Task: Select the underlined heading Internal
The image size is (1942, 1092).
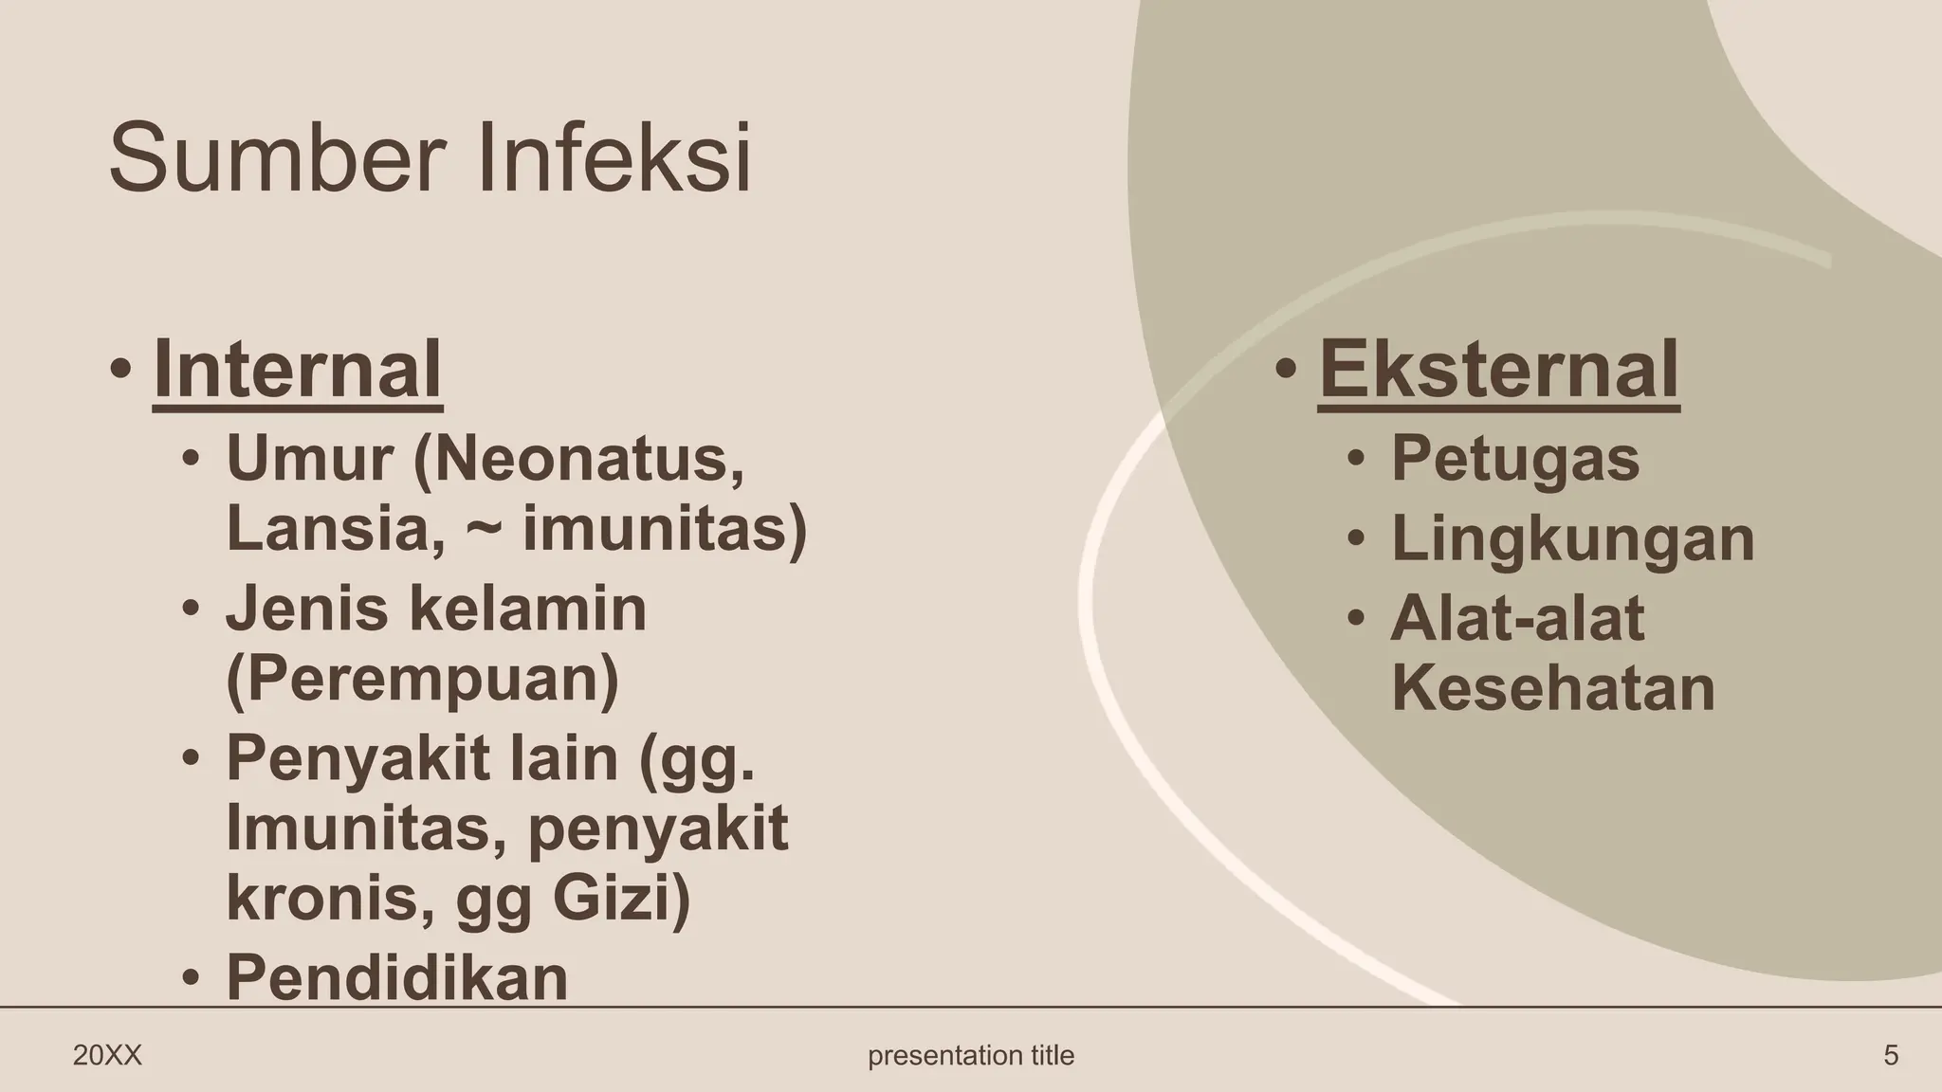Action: pos(297,370)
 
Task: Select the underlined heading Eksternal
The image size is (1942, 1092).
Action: pos(1498,370)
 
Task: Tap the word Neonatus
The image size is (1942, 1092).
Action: pos(578,459)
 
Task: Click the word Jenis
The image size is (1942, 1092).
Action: pos(306,609)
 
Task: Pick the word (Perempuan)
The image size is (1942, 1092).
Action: pos(422,679)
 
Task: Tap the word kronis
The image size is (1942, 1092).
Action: pos(321,898)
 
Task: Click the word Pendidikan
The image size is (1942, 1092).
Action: pos(396,977)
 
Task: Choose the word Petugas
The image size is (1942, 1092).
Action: pos(1514,459)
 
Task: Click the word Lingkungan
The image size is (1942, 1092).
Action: pos(1572,538)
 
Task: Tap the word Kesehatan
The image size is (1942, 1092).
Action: pos(1552,688)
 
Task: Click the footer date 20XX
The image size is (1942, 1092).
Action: pos(107,1055)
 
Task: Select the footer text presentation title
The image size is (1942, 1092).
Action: pos(971,1055)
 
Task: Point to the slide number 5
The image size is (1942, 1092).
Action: pos(1890,1055)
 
